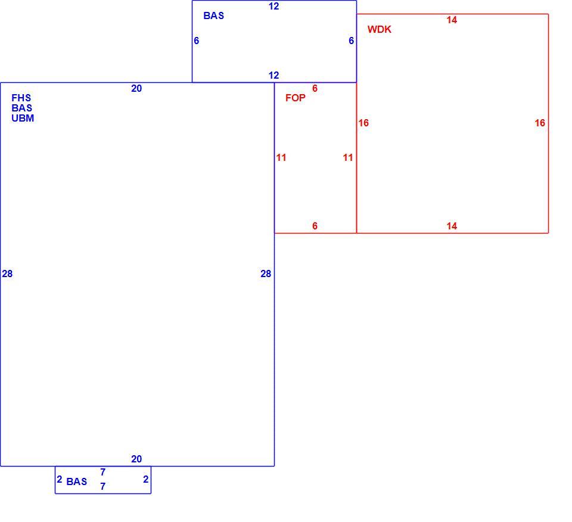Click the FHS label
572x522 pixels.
click(x=21, y=98)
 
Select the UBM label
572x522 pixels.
click(x=23, y=118)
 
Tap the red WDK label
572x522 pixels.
click(x=380, y=29)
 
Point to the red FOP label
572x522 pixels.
click(x=296, y=98)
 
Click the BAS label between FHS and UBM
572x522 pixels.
click(x=22, y=108)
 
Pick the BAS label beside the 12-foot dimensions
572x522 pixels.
click(x=214, y=15)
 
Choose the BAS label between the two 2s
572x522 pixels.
click(x=77, y=481)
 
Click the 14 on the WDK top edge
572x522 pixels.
click(x=452, y=20)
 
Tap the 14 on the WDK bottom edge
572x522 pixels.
click(x=452, y=226)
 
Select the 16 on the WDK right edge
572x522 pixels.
click(x=540, y=123)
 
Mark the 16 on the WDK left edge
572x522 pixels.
click(x=363, y=123)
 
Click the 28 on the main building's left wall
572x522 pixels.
click(x=7, y=274)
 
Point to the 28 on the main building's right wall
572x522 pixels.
click(x=266, y=274)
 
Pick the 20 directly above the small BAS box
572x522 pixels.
click(x=136, y=459)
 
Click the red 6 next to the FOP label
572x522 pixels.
click(x=315, y=88)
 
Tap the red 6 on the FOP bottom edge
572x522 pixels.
click(x=315, y=226)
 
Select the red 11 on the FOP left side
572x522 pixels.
click(x=281, y=157)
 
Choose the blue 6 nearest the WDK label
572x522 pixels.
click(x=352, y=41)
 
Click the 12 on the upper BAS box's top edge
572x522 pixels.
click(x=273, y=6)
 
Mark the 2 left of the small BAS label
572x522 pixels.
click(x=60, y=479)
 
